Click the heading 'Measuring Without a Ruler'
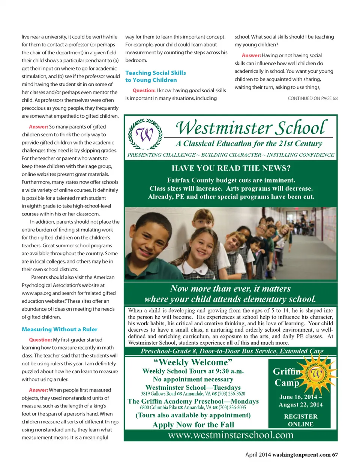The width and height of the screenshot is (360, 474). pos(59,329)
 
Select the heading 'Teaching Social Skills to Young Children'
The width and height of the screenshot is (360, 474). pos(155,76)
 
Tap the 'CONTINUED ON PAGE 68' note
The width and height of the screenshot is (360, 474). pos(312,98)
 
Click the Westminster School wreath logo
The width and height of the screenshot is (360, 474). pos(145,134)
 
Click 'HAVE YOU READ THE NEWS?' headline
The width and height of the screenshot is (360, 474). pos(231,168)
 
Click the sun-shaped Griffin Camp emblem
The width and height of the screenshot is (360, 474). pos(316,374)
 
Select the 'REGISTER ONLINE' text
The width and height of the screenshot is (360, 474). pos(300,420)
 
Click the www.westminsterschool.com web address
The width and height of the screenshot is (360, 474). pos(231,435)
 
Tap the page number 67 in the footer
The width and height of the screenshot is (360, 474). pos(334,455)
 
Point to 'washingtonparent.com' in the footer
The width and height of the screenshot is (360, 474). pos(301,455)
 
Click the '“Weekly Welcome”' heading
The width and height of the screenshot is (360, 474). pos(193,362)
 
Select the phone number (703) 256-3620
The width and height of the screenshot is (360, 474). pos(231,394)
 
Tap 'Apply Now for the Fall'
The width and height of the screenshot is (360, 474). pos(193,425)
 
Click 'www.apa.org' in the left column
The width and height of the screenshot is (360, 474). pos(36,293)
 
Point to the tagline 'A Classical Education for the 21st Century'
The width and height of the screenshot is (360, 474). pos(249,144)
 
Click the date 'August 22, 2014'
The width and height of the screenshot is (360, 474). pos(300,405)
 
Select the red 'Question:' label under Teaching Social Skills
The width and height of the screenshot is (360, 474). pos(144,90)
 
